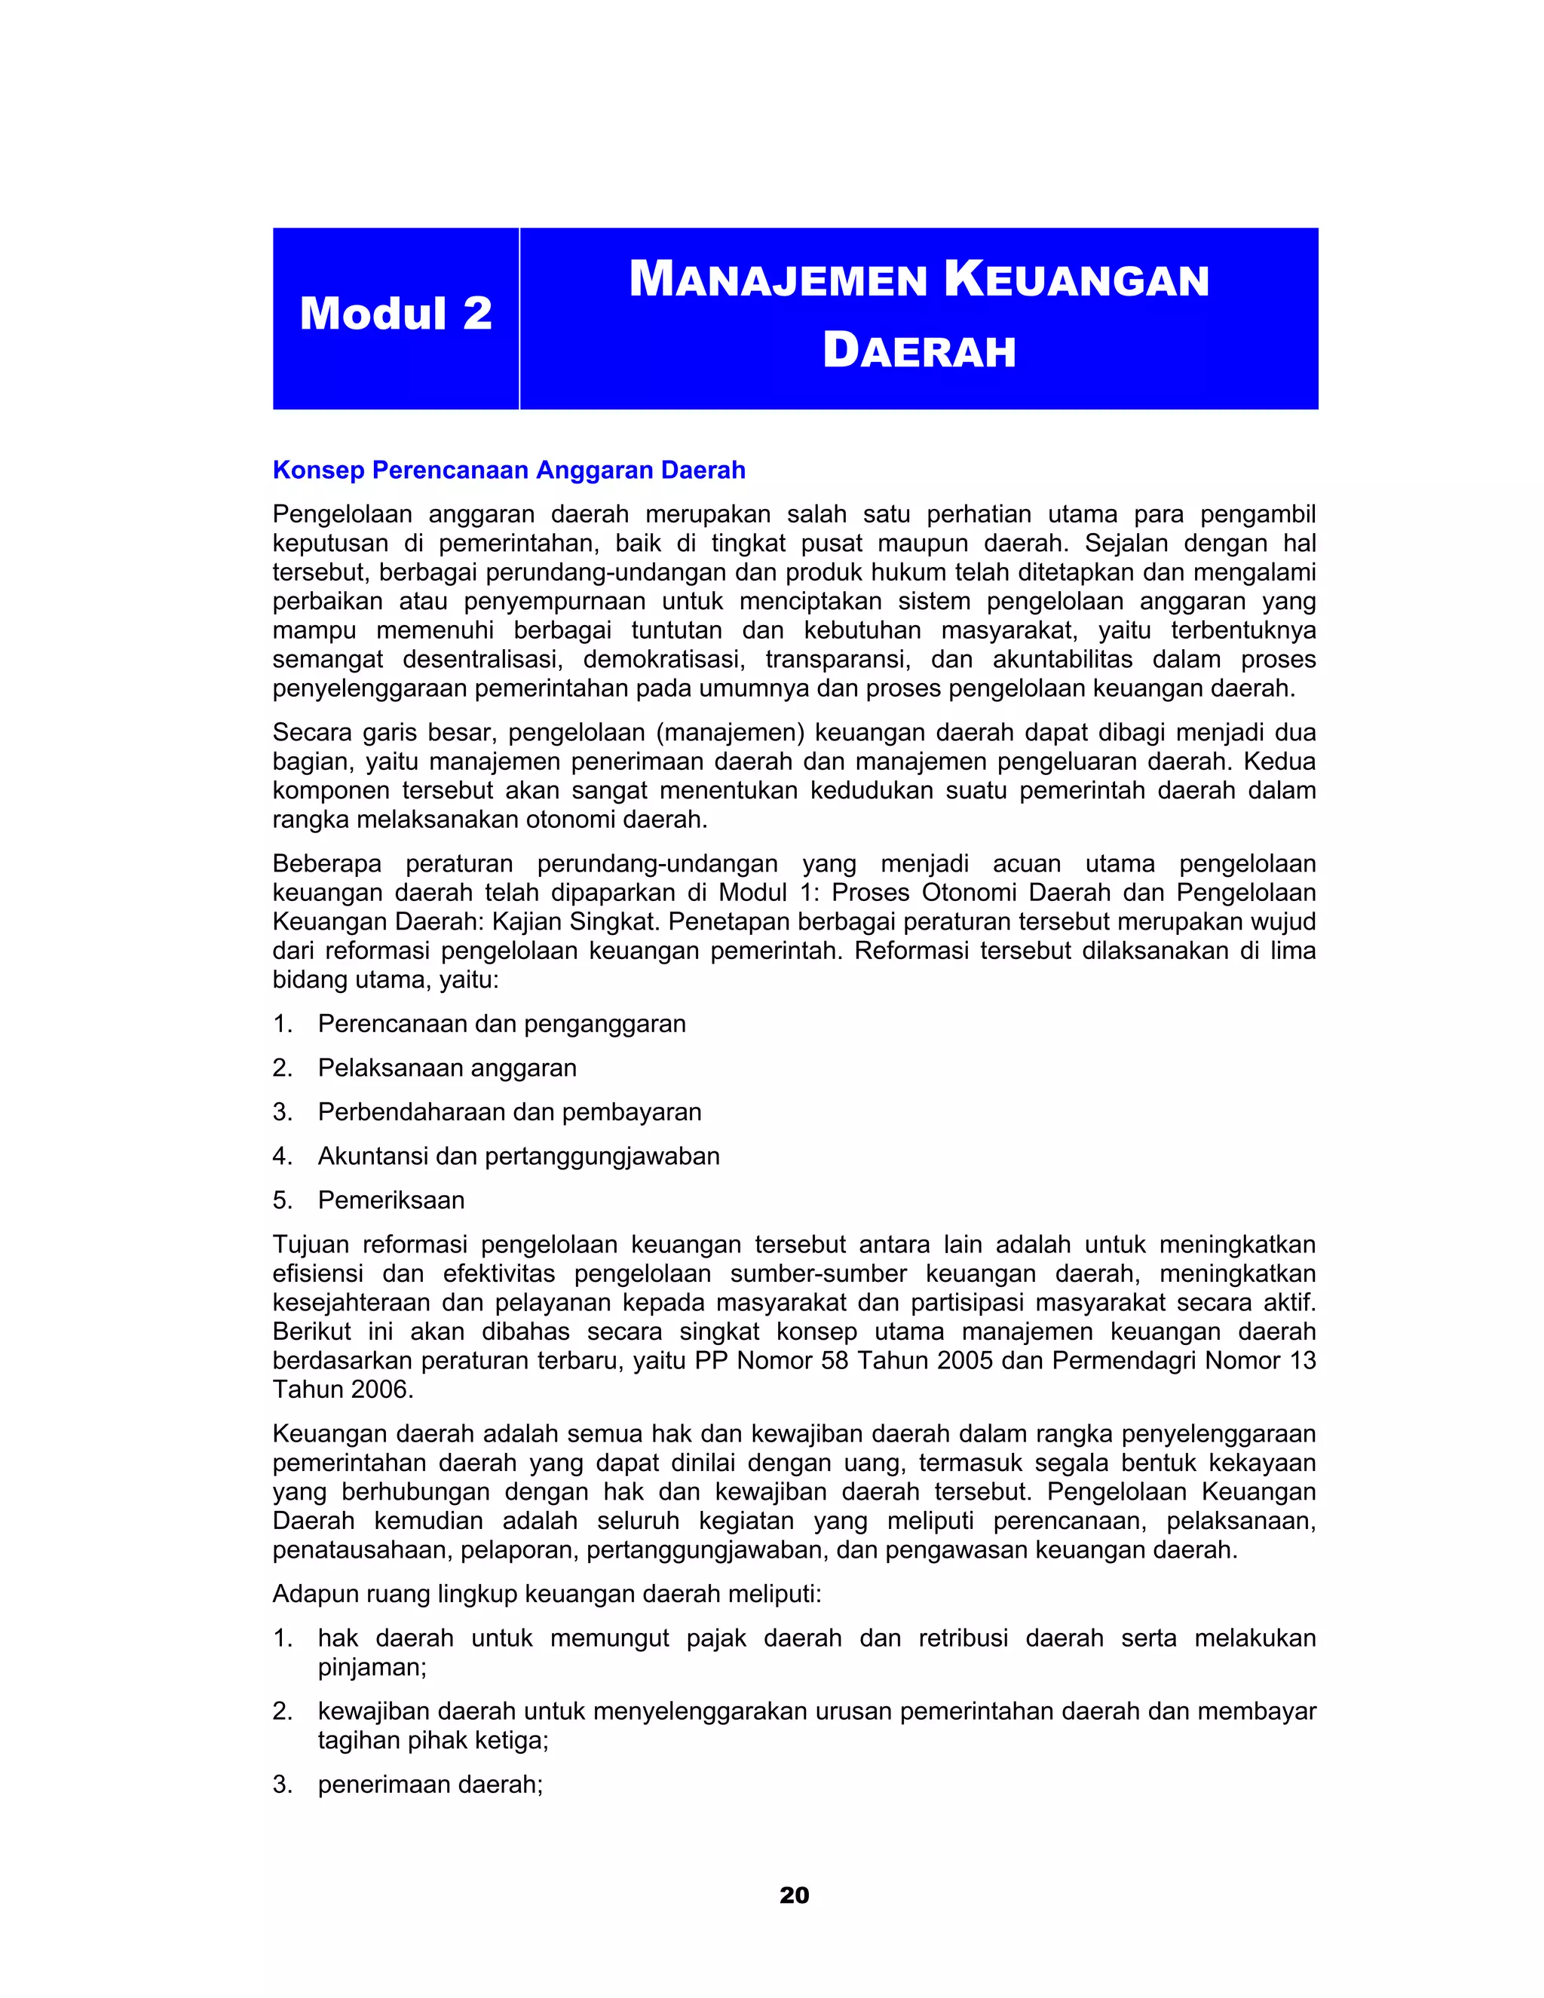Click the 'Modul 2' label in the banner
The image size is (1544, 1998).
395,314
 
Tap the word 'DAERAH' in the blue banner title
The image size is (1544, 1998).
919,351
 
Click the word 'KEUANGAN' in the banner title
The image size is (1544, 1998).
1077,280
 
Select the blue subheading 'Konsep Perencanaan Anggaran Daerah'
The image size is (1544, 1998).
509,470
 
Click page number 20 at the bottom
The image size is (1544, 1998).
794,1895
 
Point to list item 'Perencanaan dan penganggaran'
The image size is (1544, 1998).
501,1024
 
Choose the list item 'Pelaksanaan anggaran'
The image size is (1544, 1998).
446,1068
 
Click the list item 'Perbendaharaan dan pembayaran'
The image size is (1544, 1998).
510,1111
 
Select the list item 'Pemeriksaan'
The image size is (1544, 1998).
391,1200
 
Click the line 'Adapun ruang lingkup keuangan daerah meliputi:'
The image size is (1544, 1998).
547,1595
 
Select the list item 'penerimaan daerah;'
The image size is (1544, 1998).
430,1785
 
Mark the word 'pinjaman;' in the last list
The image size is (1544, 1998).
372,1668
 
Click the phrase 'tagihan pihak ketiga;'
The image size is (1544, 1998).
433,1741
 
